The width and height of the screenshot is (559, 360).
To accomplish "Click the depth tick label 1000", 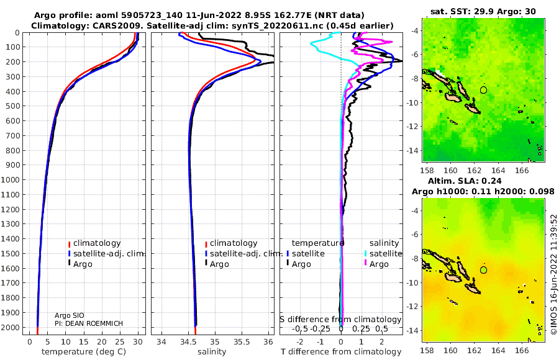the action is [x=11, y=179].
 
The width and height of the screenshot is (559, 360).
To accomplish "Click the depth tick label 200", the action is [x=13, y=62].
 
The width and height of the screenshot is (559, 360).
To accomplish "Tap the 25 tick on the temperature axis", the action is [x=120, y=341].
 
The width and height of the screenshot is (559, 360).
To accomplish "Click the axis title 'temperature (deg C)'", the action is [x=84, y=352].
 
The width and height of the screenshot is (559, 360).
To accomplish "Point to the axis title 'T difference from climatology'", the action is [x=341, y=352].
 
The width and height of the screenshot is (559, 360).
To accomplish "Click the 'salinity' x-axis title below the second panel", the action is [x=212, y=352].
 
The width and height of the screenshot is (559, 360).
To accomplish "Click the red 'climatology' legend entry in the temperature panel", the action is [x=94, y=243].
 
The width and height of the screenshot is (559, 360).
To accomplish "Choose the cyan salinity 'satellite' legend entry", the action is [x=383, y=253].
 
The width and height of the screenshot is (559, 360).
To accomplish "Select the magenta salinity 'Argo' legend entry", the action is [x=376, y=264].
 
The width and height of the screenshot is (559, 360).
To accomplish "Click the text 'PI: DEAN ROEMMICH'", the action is [x=89, y=323].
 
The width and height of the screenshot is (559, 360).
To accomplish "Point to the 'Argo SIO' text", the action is [x=70, y=315].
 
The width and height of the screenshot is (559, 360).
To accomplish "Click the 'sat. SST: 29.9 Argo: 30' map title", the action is [x=483, y=11].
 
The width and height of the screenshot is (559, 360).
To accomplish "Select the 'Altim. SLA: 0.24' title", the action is [x=465, y=181].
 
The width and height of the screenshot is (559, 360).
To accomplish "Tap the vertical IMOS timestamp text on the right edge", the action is [x=553, y=274].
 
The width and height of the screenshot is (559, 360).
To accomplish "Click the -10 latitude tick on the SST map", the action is [x=413, y=102].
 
